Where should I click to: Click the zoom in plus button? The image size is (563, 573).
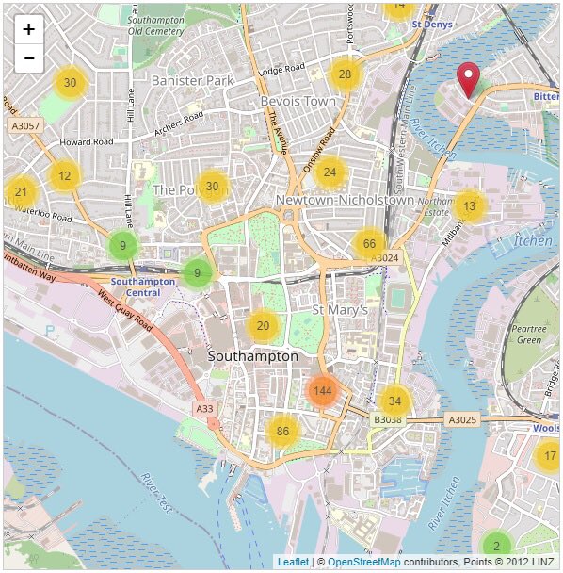pos(29,29)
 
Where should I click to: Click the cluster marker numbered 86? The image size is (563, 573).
pos(281,432)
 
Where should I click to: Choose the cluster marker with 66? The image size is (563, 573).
pos(369,244)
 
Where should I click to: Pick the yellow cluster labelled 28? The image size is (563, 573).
pos(346,74)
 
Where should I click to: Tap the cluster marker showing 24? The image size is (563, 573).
pos(330,172)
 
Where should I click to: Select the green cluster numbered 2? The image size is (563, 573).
pos(496,546)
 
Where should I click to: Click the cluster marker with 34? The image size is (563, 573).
pos(394,401)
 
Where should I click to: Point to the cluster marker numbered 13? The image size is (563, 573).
pos(470,205)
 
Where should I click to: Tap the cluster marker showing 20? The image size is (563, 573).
pos(264,326)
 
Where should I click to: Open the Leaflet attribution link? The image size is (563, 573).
pos(292,562)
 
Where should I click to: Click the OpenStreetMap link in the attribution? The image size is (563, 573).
pos(363,562)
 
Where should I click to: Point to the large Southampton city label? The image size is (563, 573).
pos(252,356)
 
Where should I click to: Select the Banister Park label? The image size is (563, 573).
pos(192,81)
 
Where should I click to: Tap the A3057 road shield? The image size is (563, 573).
pos(24,124)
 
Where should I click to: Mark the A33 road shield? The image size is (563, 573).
pos(205,408)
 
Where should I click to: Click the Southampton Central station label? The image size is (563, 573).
pos(143,286)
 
